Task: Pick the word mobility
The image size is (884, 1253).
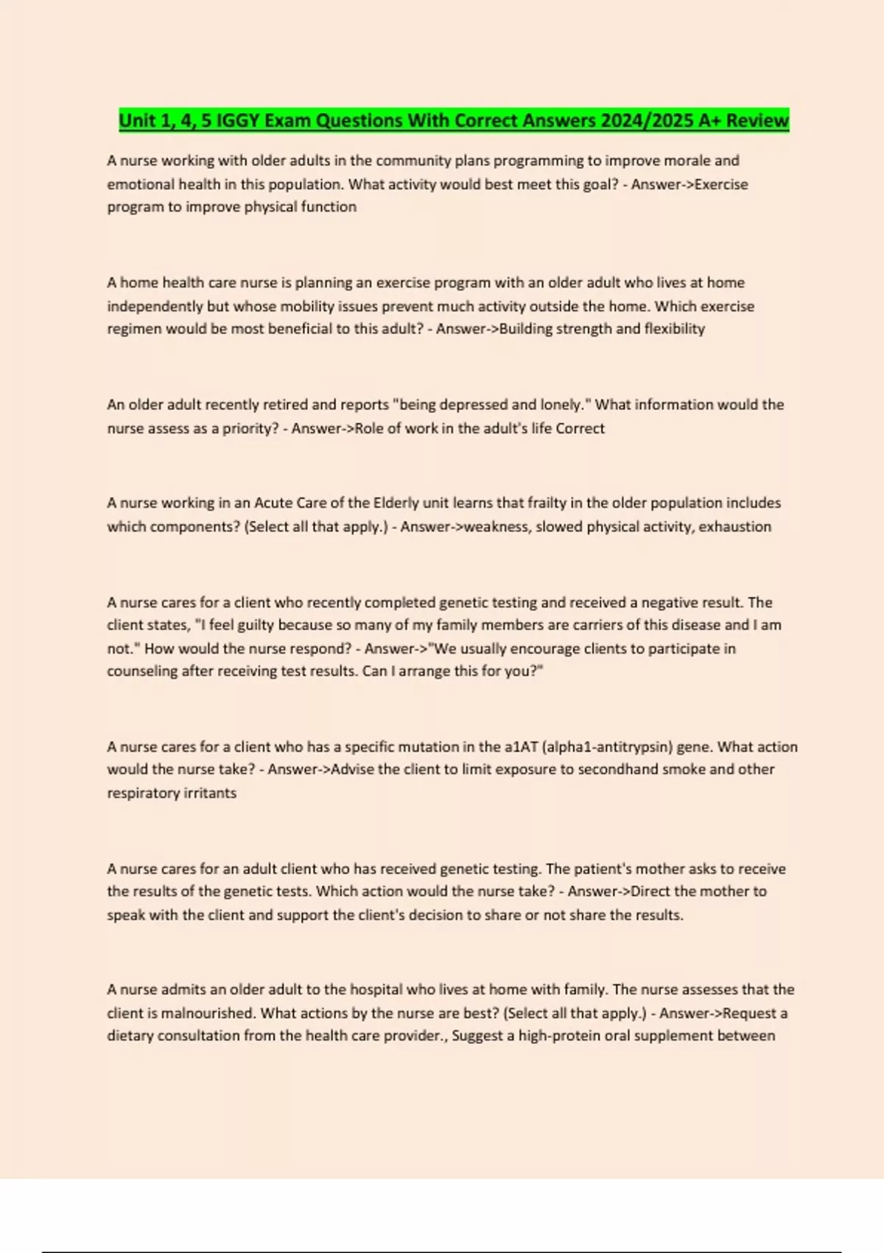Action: (309, 306)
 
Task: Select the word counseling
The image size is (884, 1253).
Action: (141, 671)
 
